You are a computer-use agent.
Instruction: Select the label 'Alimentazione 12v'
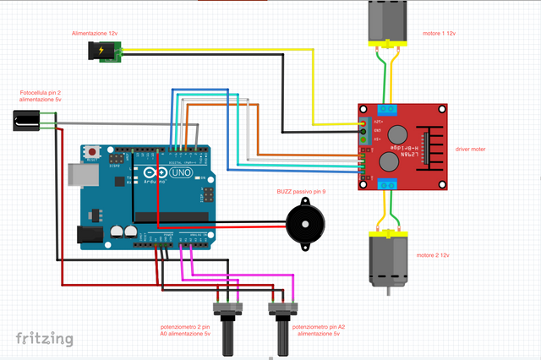pos(94,32)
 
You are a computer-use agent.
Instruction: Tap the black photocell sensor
pos(26,123)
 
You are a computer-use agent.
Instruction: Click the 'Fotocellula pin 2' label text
pos(40,92)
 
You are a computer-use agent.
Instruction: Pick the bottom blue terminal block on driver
pos(388,185)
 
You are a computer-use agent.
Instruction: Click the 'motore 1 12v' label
pos(439,33)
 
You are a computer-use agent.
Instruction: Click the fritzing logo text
pos(44,339)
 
